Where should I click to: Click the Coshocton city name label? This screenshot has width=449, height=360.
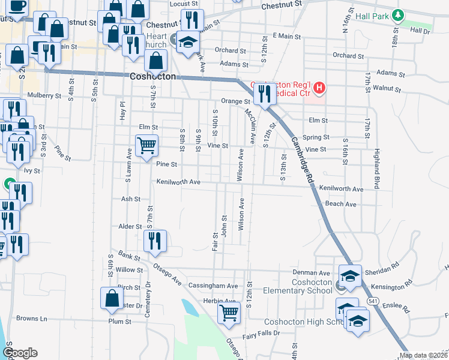click(153, 77)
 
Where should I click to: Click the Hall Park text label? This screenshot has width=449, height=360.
click(372, 16)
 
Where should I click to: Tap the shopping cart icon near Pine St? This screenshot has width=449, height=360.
click(147, 145)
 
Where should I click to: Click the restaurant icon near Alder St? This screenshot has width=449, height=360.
click(155, 241)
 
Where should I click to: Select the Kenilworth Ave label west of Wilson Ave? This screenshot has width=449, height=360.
click(178, 182)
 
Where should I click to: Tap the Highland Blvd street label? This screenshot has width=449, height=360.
click(377, 169)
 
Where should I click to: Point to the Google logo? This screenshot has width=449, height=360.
click(20, 353)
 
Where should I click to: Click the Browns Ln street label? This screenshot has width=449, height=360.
click(32, 318)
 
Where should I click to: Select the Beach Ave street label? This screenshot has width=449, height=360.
click(340, 204)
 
